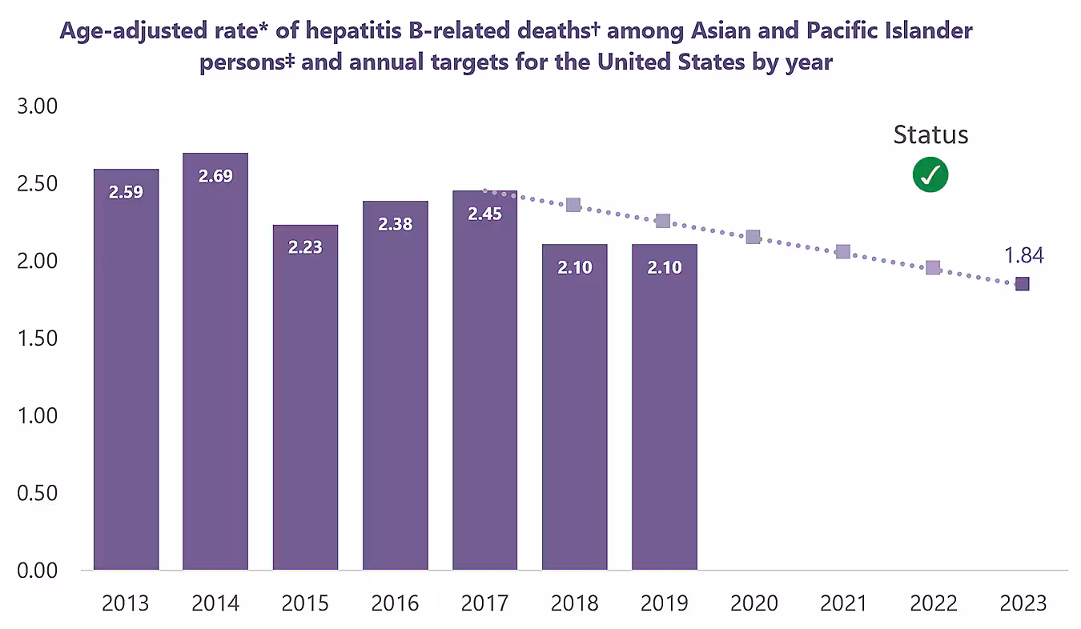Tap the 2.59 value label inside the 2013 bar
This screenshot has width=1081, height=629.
pyautogui.click(x=126, y=192)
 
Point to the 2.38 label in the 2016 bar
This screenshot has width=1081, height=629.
pyautogui.click(x=395, y=225)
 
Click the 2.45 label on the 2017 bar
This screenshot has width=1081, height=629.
pyautogui.click(x=484, y=214)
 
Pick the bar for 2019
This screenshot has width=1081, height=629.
pyautogui.click(x=664, y=407)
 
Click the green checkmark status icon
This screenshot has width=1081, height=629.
pyautogui.click(x=930, y=174)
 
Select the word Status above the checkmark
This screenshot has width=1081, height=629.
pyautogui.click(x=930, y=135)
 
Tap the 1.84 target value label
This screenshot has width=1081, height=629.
pyautogui.click(x=1023, y=255)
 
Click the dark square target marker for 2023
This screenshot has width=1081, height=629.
pyautogui.click(x=1023, y=284)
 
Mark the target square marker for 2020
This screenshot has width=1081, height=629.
pyautogui.click(x=753, y=237)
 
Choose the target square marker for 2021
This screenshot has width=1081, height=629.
pyautogui.click(x=842, y=252)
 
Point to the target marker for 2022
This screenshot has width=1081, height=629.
pyautogui.click(x=933, y=267)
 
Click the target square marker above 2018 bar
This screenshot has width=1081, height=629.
pyautogui.click(x=573, y=205)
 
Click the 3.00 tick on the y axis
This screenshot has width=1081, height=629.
pyautogui.click(x=38, y=106)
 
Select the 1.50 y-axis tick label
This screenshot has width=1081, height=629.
pyautogui.click(x=38, y=339)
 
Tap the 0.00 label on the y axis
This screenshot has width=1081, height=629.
pyautogui.click(x=38, y=571)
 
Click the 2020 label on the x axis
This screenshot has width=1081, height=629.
pyautogui.click(x=753, y=603)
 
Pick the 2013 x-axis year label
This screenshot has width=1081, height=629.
pyautogui.click(x=126, y=603)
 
